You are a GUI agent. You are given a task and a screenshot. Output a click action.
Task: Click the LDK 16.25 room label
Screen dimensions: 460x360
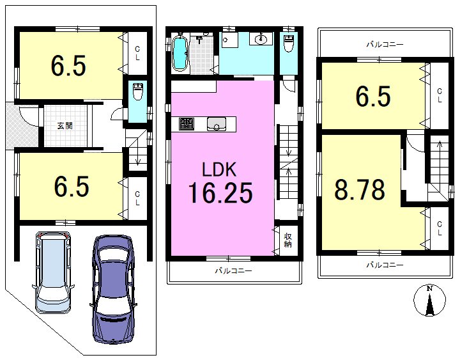(220, 183)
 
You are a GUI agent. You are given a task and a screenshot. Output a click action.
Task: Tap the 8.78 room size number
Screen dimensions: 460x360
(360, 189)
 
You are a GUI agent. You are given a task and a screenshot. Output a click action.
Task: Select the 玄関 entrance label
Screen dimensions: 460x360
(65, 126)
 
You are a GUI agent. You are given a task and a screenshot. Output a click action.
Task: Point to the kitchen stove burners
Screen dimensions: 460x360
(187, 123)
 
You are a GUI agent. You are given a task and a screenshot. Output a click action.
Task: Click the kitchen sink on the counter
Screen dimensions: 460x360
(217, 124)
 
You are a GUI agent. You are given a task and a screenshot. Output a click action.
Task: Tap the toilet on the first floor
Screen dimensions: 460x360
(137, 91)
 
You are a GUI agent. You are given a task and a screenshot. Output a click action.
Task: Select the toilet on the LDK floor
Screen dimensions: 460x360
(289, 43)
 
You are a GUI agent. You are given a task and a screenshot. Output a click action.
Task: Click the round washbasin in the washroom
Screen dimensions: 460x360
(261, 38)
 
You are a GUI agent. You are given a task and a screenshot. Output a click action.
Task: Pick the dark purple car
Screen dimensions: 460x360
(113, 288)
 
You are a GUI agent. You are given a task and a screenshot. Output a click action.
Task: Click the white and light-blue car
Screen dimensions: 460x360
(52, 272)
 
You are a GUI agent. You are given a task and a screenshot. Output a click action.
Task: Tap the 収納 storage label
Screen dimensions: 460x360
(287, 240)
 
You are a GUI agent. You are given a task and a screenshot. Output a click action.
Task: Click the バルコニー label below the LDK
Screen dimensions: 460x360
(233, 270)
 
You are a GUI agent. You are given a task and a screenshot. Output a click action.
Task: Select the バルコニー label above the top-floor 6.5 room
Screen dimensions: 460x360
(385, 45)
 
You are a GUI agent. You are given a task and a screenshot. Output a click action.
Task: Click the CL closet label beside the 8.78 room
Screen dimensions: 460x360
(439, 228)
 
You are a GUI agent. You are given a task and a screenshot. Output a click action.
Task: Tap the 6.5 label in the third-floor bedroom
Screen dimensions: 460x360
(373, 96)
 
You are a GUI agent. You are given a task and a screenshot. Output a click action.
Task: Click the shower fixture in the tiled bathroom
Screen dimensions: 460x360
(200, 40)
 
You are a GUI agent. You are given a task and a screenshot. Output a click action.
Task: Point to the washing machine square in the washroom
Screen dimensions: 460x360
(229, 40)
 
